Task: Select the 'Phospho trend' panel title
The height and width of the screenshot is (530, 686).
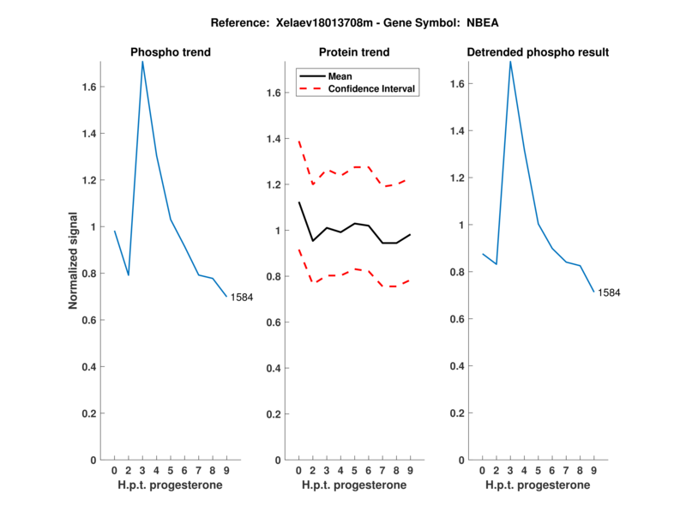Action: point(171,52)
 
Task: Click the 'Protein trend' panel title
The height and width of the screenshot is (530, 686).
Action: point(354,52)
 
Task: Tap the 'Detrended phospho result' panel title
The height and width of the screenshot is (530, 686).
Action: point(538,52)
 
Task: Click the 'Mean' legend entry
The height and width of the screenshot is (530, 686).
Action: point(340,75)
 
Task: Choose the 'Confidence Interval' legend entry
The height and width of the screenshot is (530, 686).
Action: point(372,88)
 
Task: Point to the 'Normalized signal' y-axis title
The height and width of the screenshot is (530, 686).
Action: point(75,261)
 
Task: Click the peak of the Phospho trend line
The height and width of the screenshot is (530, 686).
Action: point(142,62)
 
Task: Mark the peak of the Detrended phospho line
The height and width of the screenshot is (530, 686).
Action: point(510,62)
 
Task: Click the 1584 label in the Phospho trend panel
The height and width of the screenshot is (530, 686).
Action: point(243,298)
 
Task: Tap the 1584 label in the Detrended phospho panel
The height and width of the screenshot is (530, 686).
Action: point(609,292)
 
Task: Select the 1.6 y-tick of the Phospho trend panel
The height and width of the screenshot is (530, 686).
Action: point(89,87)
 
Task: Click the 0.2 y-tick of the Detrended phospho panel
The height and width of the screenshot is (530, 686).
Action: point(456,413)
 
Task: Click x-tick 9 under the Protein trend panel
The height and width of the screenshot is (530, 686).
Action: point(410,471)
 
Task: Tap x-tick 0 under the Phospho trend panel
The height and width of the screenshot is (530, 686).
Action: point(114,471)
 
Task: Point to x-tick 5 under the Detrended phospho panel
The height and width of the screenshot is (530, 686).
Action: point(539,471)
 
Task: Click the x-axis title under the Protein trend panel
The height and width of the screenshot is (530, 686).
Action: point(354,485)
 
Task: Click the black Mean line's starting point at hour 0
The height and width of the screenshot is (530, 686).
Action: point(298,202)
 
